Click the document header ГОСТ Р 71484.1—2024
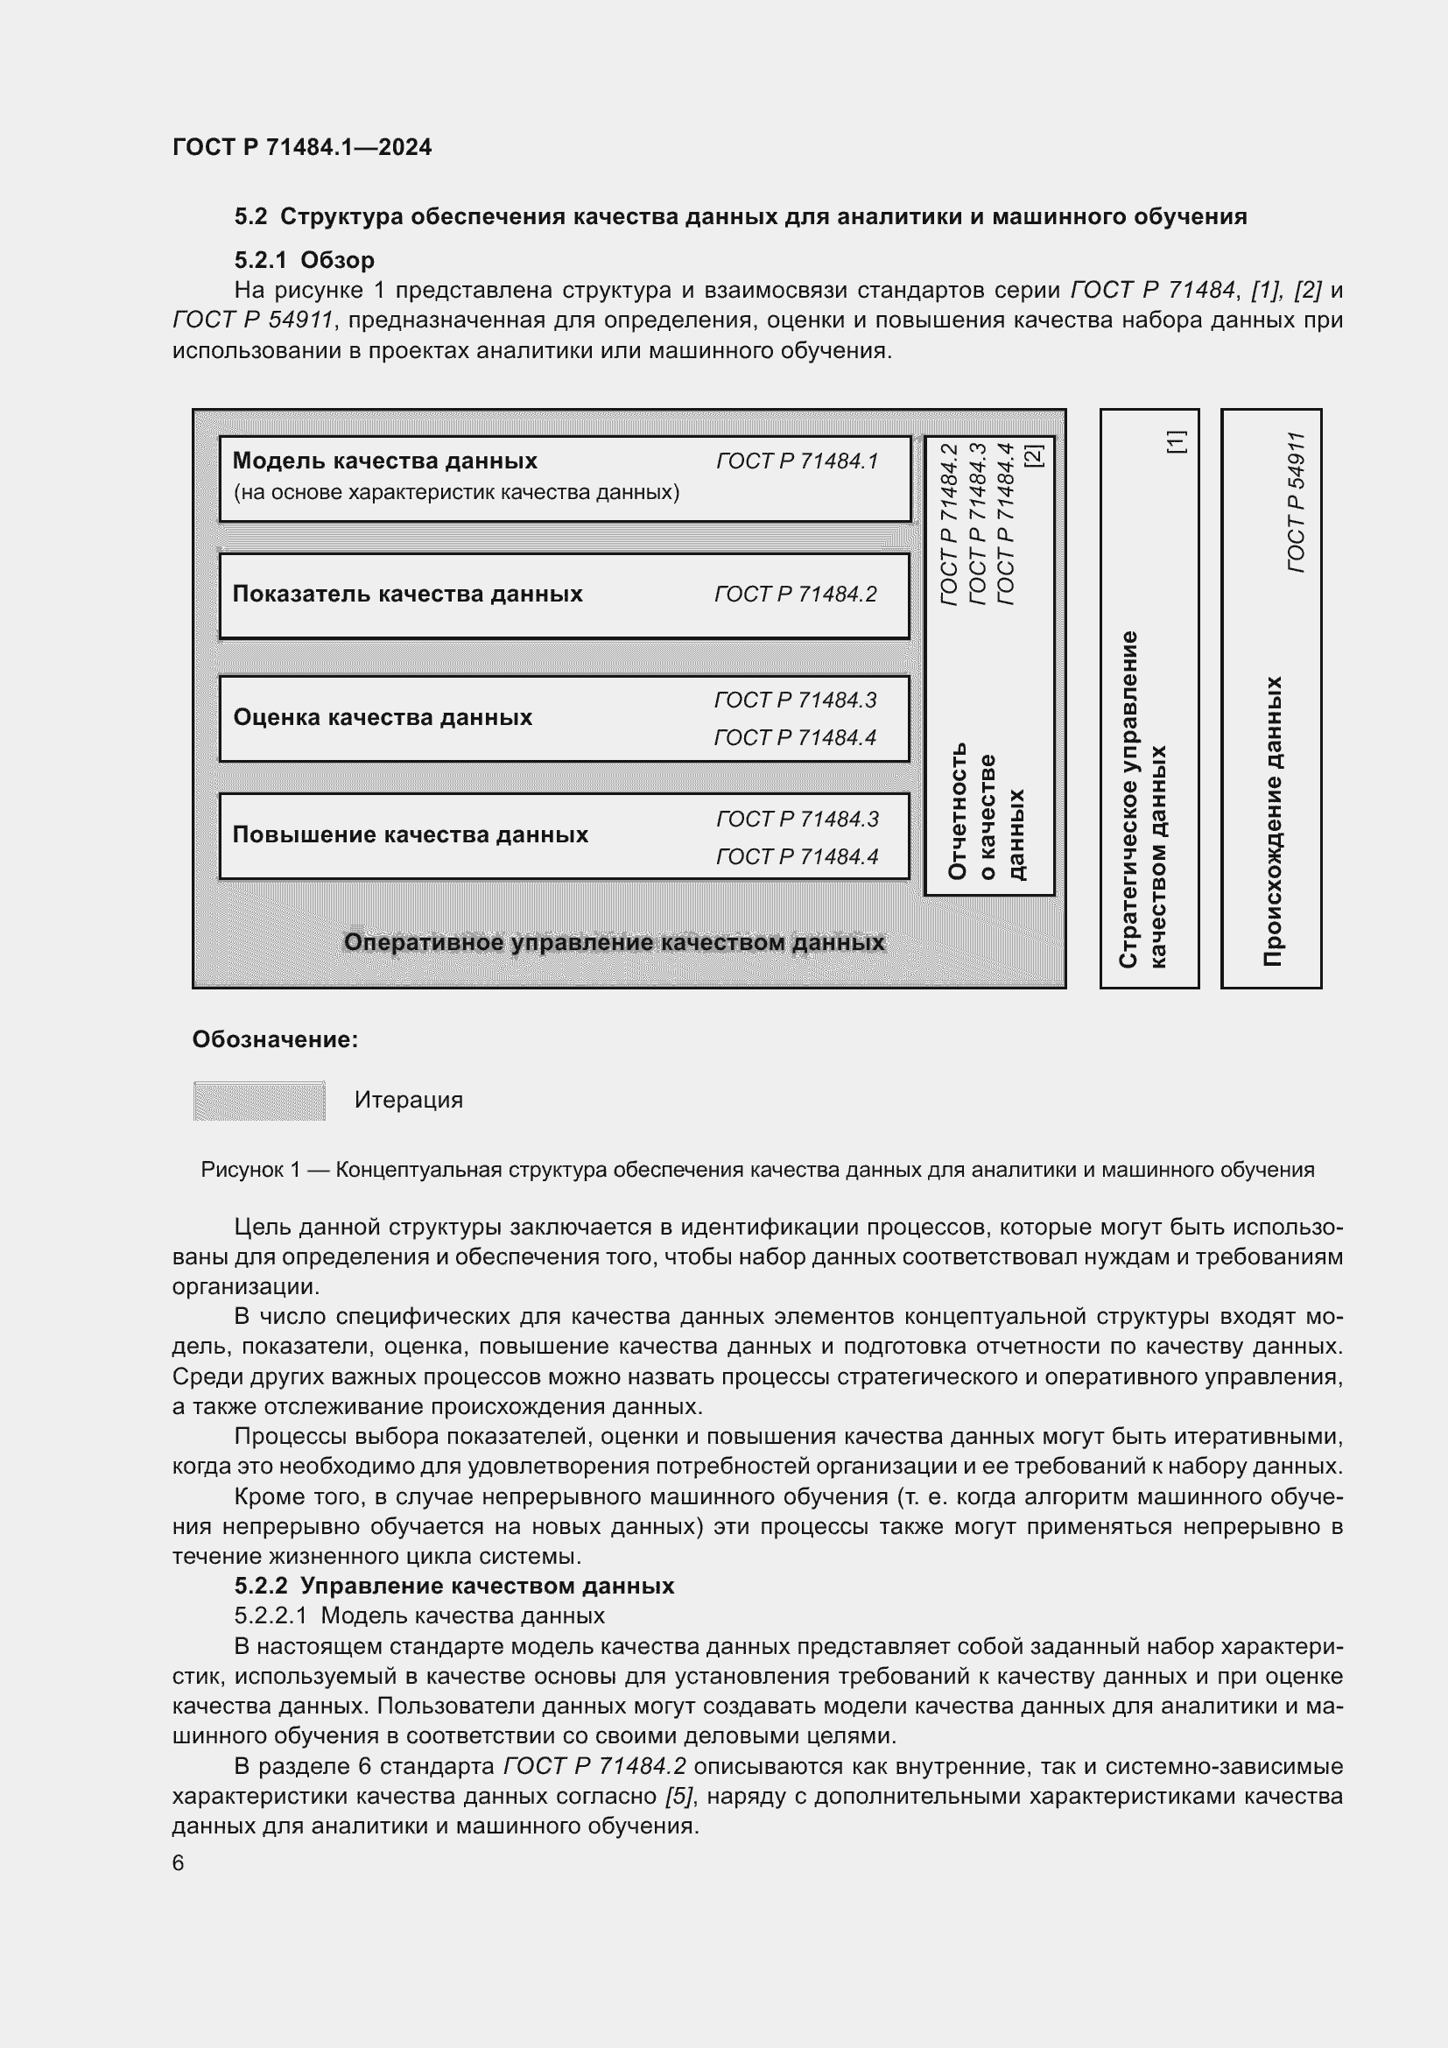(x=301, y=147)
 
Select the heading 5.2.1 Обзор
(x=304, y=260)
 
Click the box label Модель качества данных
(x=384, y=461)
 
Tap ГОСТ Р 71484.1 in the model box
(x=796, y=461)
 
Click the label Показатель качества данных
(x=406, y=594)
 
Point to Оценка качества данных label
(x=382, y=717)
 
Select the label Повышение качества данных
(x=410, y=835)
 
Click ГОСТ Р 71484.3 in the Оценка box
(x=794, y=700)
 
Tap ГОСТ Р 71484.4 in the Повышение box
(x=796, y=857)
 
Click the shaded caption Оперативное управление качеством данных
(x=614, y=943)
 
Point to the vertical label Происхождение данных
(x=1272, y=820)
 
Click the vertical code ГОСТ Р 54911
(x=1296, y=503)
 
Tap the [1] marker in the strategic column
(x=1176, y=441)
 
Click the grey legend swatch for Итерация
(x=258, y=1101)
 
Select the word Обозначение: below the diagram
(x=275, y=1040)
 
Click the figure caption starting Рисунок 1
(x=757, y=1171)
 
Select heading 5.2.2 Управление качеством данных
(x=453, y=1586)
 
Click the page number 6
(x=179, y=1863)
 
